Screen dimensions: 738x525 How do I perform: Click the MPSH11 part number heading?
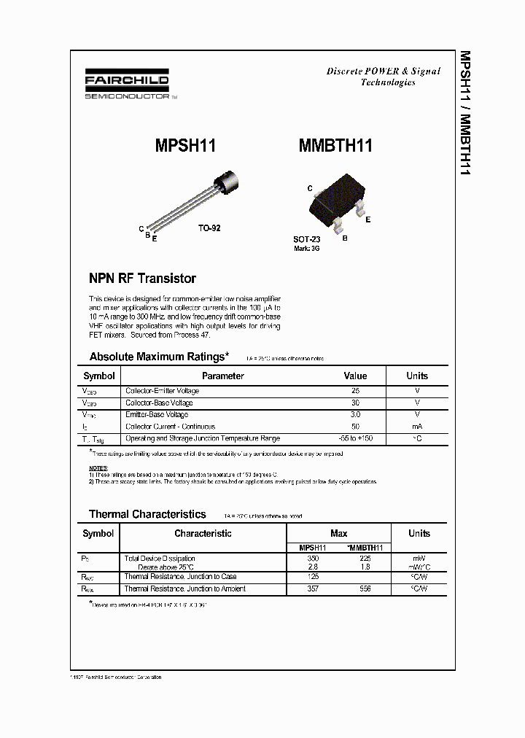tap(185, 145)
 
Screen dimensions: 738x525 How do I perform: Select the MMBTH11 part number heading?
tap(335, 145)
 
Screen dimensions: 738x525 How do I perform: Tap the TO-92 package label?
tap(209, 228)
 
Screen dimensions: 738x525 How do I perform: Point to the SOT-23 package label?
tap(307, 239)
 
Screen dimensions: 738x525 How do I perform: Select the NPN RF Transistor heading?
tap(142, 279)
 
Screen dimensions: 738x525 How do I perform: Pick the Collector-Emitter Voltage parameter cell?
tap(162, 391)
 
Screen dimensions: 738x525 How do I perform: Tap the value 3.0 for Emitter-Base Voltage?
tap(355, 414)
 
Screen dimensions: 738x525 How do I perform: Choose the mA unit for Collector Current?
tap(417, 427)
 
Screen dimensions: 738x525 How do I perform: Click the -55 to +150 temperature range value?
tap(355, 438)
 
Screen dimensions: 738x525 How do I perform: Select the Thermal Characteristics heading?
tap(147, 514)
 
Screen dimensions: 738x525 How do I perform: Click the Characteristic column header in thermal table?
tap(203, 534)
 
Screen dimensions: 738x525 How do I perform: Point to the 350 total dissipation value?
tap(313, 558)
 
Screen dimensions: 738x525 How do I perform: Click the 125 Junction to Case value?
tap(313, 577)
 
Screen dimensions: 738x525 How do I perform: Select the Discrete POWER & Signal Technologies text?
tap(383, 77)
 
